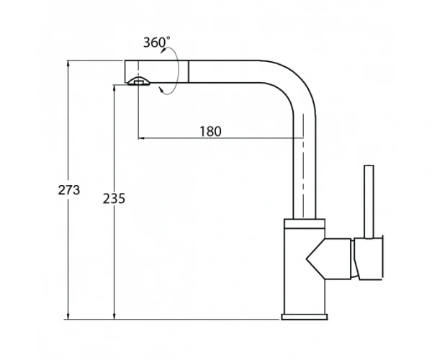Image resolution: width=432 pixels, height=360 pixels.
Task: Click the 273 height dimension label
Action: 69,190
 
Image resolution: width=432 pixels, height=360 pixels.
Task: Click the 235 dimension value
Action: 114,198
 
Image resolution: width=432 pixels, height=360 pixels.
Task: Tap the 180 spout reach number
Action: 210,131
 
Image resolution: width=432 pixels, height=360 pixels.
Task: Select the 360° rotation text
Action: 156,42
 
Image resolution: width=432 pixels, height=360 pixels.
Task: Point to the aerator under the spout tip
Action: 139,81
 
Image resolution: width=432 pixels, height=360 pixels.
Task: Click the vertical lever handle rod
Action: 369,202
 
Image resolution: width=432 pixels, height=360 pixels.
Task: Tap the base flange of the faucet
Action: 305,317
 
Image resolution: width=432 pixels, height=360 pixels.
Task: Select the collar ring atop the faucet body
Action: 305,224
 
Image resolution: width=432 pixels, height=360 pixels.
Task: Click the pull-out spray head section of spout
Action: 156,71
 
